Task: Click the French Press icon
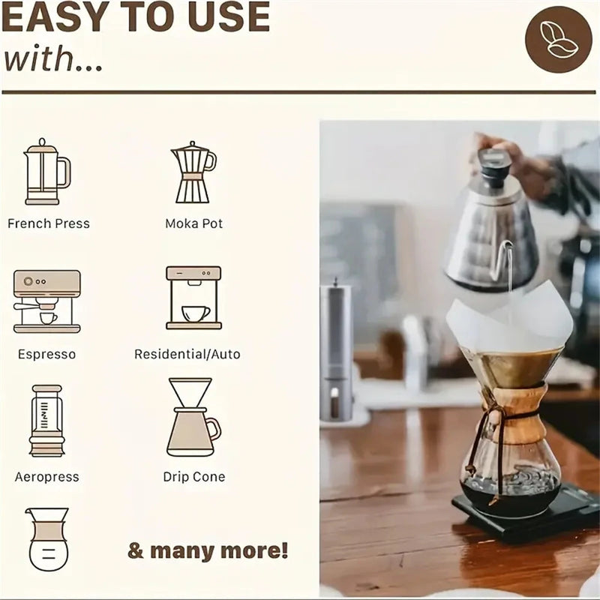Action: [x=46, y=172]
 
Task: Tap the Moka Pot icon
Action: [x=193, y=172]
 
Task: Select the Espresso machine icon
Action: [x=46, y=301]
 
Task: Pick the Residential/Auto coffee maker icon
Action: [x=193, y=298]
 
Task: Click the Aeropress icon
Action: [x=46, y=421]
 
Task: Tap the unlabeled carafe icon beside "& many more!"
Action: [x=48, y=538]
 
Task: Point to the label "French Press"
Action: [x=48, y=223]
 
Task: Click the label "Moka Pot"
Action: [x=193, y=223]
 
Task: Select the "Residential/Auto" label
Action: [x=187, y=354]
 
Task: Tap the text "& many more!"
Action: [x=208, y=550]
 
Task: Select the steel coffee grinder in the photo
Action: [x=335, y=352]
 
